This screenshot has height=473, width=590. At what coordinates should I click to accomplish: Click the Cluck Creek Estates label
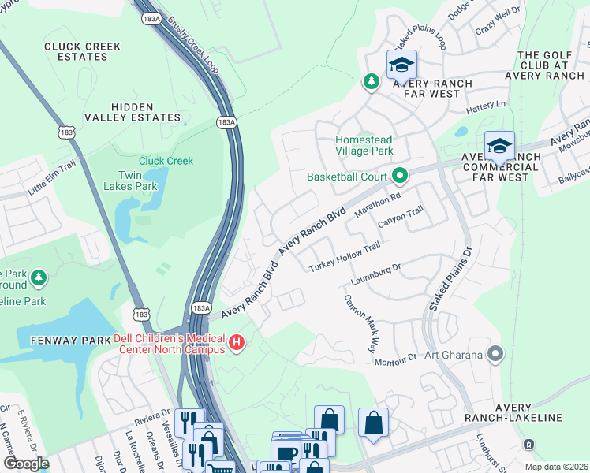coord(82,51)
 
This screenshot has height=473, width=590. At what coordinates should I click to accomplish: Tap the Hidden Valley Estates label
coord(146,112)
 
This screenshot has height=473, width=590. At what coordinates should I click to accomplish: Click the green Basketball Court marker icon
coord(400,176)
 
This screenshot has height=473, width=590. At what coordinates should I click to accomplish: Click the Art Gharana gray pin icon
coord(495,354)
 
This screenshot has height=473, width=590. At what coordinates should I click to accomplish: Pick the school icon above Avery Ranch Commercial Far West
coord(499,146)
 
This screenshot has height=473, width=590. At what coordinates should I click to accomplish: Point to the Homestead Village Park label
coord(364,145)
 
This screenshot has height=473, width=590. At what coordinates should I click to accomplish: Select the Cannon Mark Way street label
coord(361,323)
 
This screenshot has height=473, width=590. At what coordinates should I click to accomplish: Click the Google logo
coord(26,464)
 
